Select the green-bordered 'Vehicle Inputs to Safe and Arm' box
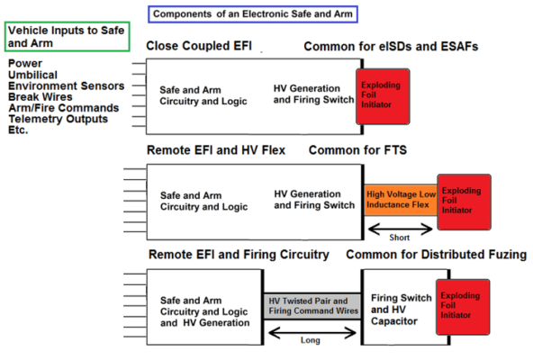pos(68,37)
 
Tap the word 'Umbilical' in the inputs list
pos(35,76)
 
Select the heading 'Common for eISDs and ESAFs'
pos(391,46)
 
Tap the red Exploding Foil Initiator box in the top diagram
pos(382,95)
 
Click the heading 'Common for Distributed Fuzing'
pos(436,255)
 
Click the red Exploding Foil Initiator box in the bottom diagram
pos(462,304)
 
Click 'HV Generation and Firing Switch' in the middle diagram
pos(314,199)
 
